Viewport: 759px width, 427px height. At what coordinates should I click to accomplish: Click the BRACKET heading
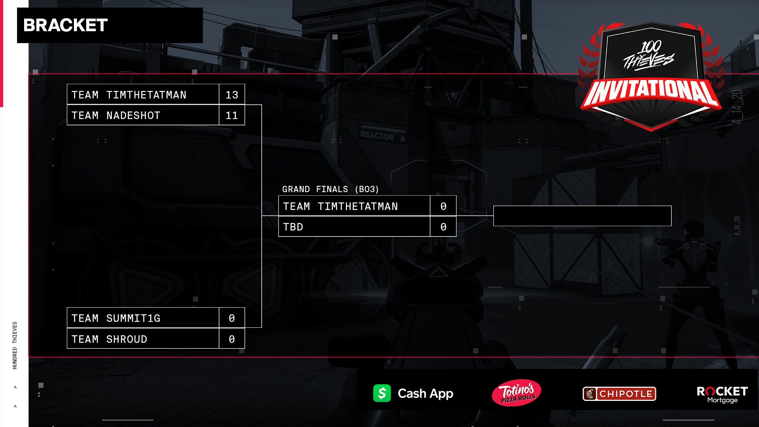click(66, 25)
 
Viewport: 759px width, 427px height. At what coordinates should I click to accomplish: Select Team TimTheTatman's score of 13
click(232, 95)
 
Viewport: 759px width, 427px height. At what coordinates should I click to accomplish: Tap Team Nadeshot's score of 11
click(232, 115)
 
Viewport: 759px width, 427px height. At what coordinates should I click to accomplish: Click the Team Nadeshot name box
click(143, 115)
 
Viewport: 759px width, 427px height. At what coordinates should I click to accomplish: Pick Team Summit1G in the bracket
click(143, 318)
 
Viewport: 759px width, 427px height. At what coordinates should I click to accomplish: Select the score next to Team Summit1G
click(232, 318)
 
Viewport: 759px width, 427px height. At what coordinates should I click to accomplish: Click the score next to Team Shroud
click(232, 339)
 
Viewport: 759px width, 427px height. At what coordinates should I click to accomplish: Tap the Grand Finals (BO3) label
click(330, 189)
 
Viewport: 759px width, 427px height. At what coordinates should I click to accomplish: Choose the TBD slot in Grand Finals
click(354, 227)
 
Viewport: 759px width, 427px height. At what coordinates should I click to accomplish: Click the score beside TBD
click(443, 227)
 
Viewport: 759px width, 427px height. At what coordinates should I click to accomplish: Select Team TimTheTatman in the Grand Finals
click(354, 206)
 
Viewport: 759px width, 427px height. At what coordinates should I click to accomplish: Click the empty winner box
click(582, 216)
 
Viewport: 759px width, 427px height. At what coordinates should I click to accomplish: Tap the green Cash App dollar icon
click(382, 393)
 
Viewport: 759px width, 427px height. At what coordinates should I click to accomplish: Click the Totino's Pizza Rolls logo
click(517, 393)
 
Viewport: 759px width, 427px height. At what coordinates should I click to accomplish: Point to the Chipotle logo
click(619, 394)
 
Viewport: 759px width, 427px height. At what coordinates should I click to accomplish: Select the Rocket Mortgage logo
click(722, 395)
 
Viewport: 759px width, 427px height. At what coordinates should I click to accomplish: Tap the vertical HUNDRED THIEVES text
click(15, 345)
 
